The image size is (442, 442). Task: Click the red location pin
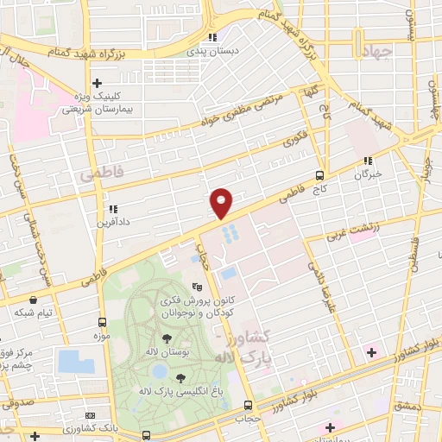(222, 202)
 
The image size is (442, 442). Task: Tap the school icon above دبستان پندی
(212, 37)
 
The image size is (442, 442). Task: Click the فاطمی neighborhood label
(101, 174)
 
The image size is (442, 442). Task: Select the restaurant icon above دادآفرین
(112, 208)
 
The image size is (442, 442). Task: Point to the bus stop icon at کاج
(320, 174)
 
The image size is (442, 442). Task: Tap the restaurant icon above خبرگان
(368, 160)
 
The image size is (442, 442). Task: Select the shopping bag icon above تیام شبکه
(34, 298)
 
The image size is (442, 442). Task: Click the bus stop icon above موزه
(103, 321)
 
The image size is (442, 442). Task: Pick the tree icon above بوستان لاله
(165, 339)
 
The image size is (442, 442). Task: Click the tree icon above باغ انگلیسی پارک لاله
(180, 377)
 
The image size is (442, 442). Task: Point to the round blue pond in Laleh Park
(159, 371)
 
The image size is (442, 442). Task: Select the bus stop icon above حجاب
(249, 405)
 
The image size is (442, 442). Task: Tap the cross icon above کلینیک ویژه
(98, 83)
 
